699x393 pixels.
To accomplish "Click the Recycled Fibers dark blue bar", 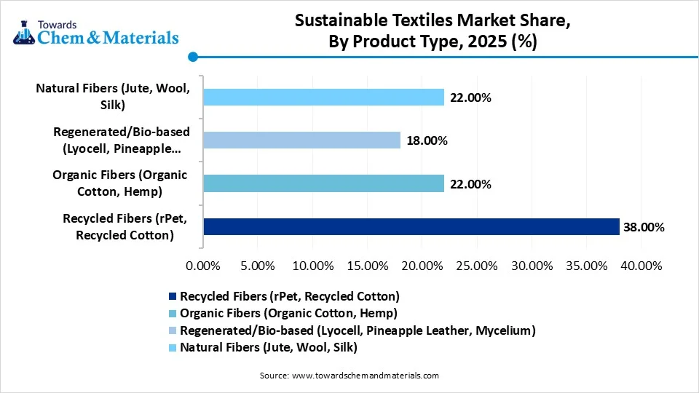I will (x=411, y=227).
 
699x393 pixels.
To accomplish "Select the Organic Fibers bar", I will (x=323, y=184).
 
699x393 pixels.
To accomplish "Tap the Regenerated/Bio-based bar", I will (x=301, y=140).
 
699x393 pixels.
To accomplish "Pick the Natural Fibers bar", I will (x=323, y=97).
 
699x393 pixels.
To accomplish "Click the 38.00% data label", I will (x=644, y=227).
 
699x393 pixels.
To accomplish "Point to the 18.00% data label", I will (x=426, y=140).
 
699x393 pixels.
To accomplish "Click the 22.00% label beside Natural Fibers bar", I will (x=470, y=97).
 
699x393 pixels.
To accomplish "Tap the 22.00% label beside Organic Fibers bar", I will (x=470, y=184).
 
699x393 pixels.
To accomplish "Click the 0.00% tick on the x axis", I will (x=203, y=266).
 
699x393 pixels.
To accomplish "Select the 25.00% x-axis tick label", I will (x=477, y=266).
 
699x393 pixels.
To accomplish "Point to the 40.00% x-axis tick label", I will (x=641, y=266).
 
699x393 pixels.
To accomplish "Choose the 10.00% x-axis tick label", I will (x=312, y=266).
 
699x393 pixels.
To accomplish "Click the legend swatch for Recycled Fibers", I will (x=173, y=297).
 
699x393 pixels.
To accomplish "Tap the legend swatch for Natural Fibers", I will (x=173, y=348).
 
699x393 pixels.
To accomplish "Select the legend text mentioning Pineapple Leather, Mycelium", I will (x=358, y=330).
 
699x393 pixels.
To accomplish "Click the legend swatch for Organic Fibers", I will (x=173, y=314).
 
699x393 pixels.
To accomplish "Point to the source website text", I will (x=349, y=376).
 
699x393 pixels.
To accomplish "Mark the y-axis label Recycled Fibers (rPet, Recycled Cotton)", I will (x=119, y=227).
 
